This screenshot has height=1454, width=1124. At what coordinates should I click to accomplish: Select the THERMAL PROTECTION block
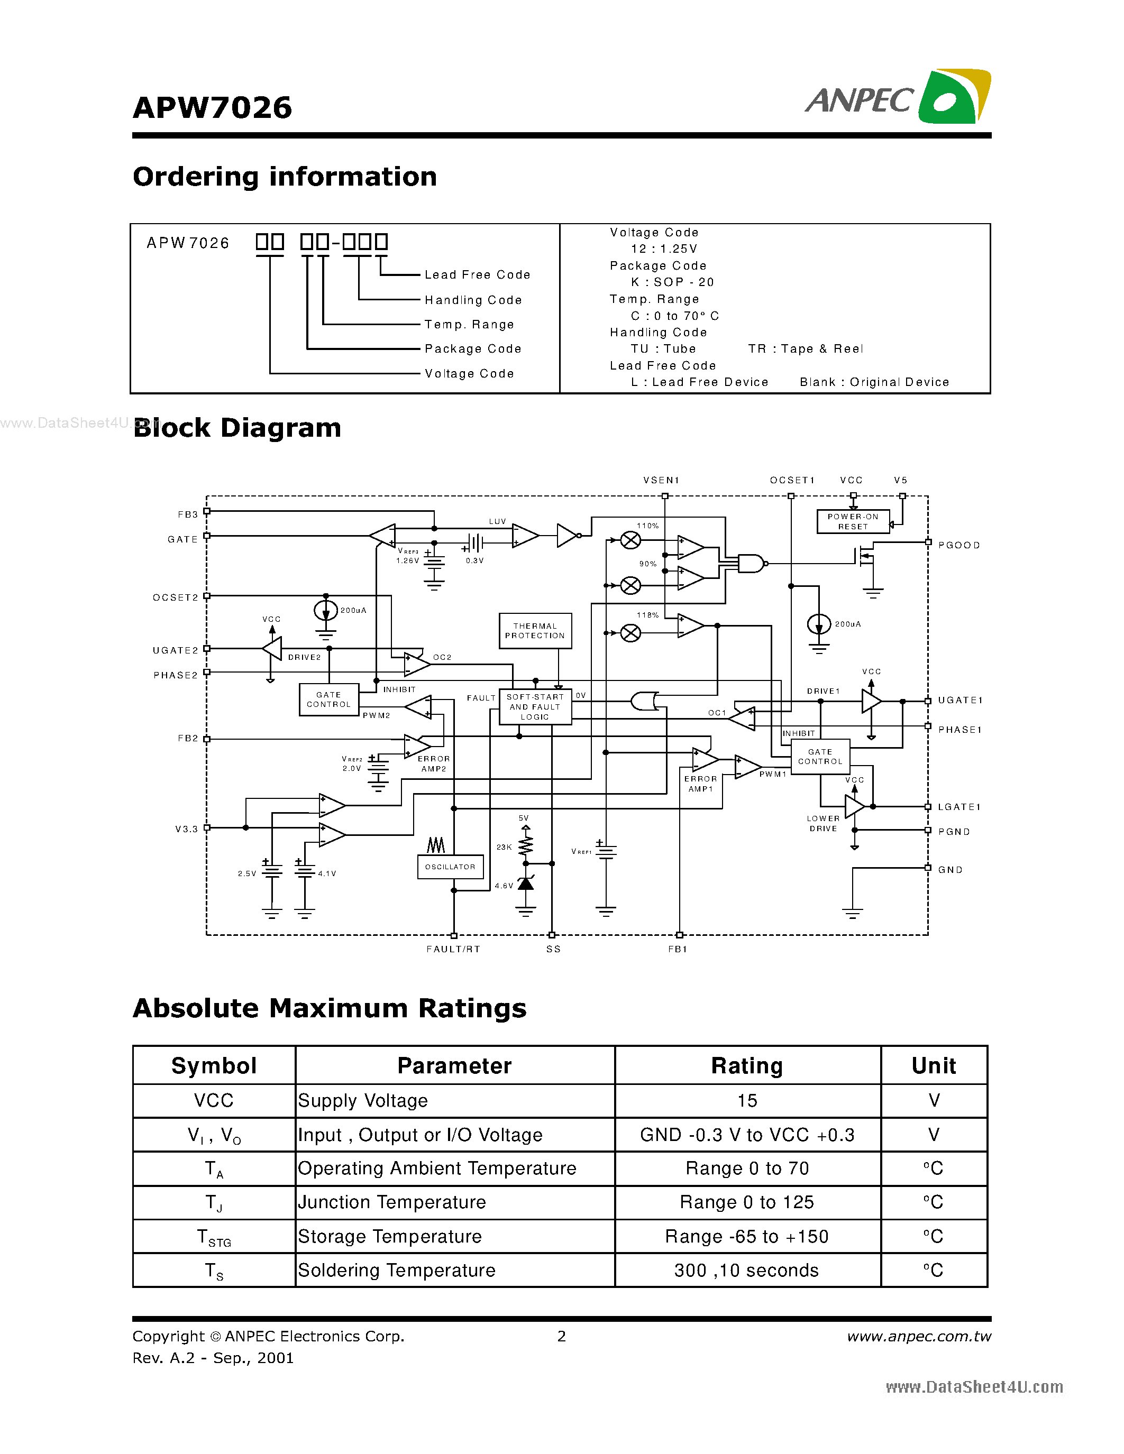[535, 630]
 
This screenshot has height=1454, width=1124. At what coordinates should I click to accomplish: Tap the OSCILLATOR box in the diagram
[450, 866]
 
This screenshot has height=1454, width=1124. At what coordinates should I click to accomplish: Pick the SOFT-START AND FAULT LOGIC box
[535, 707]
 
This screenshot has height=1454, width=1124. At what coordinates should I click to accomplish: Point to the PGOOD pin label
[959, 545]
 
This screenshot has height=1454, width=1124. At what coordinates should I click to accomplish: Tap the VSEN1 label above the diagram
[661, 480]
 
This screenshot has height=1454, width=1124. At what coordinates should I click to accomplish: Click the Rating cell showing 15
[747, 1100]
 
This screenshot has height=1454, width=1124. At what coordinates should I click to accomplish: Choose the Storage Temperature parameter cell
[389, 1236]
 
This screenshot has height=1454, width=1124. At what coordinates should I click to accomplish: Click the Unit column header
[934, 1066]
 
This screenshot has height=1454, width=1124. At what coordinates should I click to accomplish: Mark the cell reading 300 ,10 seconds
[746, 1270]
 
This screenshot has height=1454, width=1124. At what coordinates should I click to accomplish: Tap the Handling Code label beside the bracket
[473, 300]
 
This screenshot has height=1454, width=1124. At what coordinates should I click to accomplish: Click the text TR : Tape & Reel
[805, 349]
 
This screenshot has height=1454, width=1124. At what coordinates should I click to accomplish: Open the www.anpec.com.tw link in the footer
[918, 1336]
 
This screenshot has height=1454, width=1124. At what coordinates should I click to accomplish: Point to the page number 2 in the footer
[561, 1336]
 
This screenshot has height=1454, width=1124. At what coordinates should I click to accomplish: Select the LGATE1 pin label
[959, 807]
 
